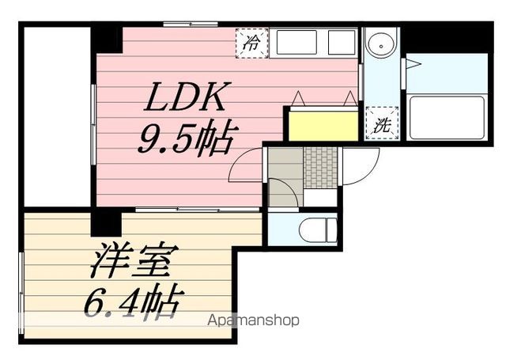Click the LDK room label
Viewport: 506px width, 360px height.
point(185,97)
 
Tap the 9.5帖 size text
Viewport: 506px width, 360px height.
point(185,138)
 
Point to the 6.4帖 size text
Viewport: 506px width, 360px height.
point(134,301)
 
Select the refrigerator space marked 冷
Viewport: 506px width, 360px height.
point(251,44)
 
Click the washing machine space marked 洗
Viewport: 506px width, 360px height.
point(382,123)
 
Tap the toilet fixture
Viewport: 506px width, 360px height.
point(318,230)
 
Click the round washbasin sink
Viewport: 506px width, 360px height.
point(381,45)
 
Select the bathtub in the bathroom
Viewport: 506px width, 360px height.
point(447,118)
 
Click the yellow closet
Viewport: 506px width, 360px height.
point(323,126)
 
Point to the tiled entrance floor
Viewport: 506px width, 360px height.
point(320,167)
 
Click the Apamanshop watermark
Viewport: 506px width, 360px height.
point(253,320)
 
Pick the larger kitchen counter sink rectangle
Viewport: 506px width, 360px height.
point(296,42)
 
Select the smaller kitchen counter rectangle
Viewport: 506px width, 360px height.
point(342,42)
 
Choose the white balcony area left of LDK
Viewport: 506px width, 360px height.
point(57,116)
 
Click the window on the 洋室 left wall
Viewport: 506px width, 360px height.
point(21,294)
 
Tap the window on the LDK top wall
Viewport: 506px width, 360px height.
point(191,24)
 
